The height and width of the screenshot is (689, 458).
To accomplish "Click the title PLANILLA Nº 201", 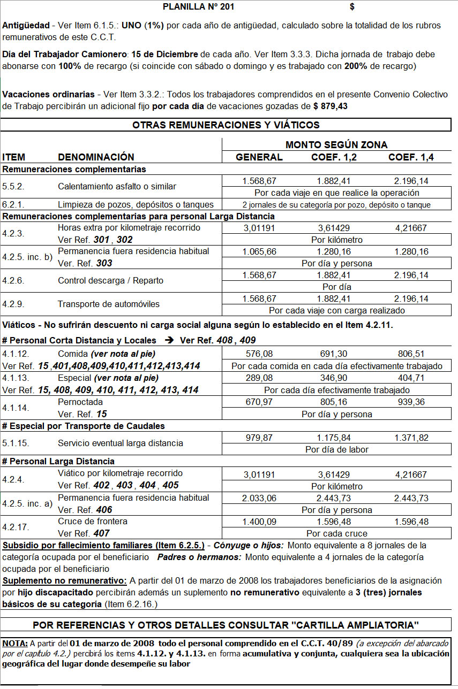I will coord(198,7).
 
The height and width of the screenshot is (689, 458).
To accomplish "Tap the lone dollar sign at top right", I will coord(352,7).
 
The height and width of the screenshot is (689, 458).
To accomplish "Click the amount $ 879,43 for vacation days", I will coord(330,106).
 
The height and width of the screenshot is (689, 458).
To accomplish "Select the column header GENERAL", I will coord(259,157).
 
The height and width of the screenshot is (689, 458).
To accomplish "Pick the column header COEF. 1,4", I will coord(411,157).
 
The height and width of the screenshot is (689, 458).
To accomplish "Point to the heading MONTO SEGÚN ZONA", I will coord(336,145).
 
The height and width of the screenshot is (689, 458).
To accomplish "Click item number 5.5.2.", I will coord(13,187).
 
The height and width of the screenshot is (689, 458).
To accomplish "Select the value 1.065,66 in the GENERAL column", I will coord(259,251).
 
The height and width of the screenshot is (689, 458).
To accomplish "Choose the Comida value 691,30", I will coord(335,354).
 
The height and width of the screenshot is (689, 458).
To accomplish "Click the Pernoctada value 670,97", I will coord(259,402).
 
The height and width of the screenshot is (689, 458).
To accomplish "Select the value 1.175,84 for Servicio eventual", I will coord(335,438).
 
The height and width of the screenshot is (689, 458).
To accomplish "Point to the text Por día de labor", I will coord(336,449).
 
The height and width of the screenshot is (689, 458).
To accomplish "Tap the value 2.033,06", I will coord(259,498).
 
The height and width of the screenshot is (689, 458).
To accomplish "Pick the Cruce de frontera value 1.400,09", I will coord(259,522).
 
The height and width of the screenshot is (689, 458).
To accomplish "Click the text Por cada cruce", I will coord(336,533).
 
